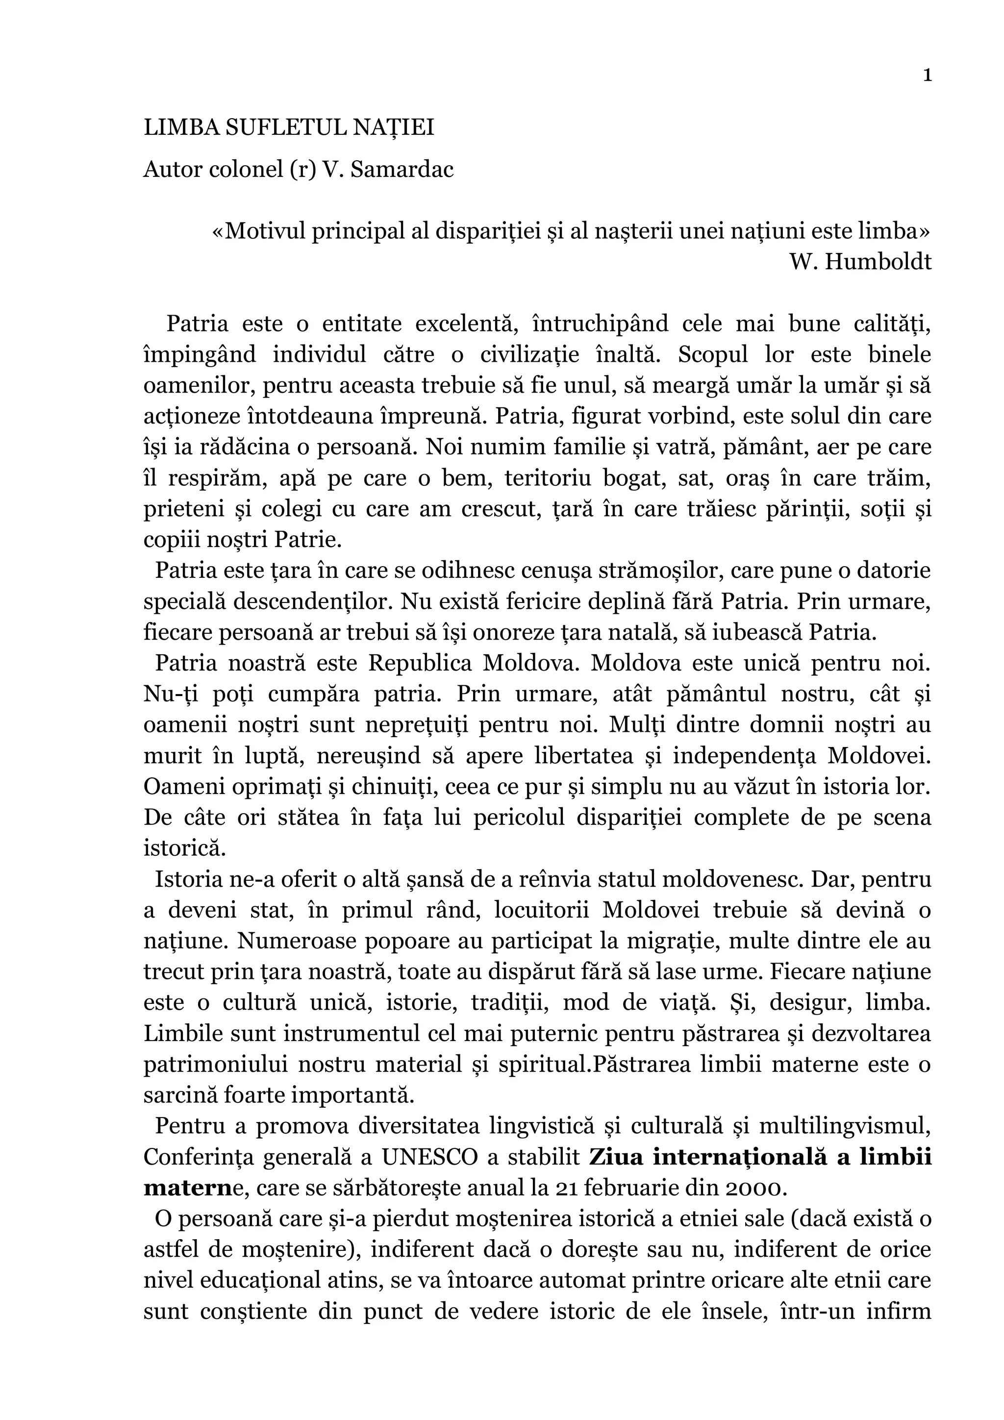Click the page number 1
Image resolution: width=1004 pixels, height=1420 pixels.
(x=927, y=75)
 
